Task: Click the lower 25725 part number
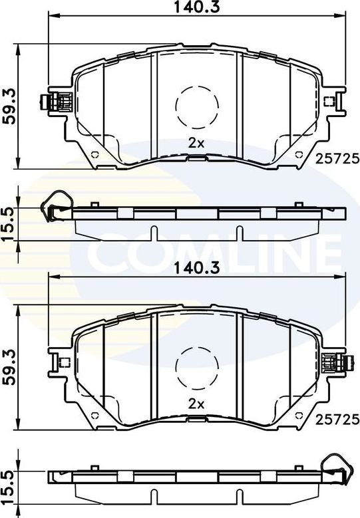point(337,419)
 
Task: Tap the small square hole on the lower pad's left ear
point(65,362)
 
